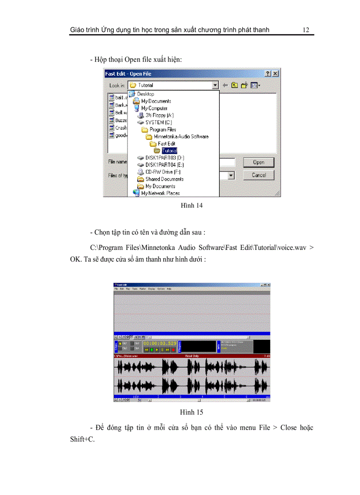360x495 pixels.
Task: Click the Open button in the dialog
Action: coord(259,162)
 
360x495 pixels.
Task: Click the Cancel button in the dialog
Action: coord(259,175)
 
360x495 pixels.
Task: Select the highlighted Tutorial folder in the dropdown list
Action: coord(169,151)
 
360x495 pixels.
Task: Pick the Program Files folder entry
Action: coord(162,130)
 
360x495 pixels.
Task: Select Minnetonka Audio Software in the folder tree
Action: coord(181,137)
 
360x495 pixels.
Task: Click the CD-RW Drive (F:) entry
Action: coord(162,172)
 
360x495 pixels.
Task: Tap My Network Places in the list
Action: coord(160,193)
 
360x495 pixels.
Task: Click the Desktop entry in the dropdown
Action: coord(145,94)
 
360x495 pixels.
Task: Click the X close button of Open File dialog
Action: coord(275,74)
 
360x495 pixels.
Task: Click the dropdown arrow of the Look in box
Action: coord(215,85)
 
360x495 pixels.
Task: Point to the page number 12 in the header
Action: coord(306,30)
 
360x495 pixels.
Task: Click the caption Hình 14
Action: coord(191,205)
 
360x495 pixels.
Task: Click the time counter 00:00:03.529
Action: coord(160,343)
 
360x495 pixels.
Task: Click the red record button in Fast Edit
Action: coord(173,350)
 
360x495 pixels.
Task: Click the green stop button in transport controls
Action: coord(152,350)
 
